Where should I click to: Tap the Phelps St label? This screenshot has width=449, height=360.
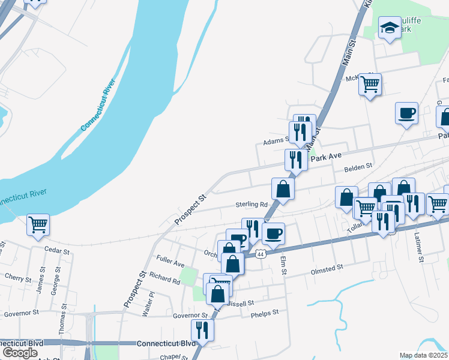(265, 313)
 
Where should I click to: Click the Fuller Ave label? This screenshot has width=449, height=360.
(170, 263)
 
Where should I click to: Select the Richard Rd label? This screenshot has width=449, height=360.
(165, 280)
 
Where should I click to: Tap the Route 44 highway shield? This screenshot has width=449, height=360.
(260, 254)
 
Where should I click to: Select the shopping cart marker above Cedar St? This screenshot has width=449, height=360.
(38, 225)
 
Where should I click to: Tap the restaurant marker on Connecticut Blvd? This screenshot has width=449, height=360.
(202, 329)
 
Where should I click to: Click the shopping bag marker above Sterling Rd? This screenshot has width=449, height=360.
(283, 189)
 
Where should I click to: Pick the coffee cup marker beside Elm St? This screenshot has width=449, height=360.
(273, 233)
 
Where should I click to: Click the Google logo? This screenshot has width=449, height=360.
(20, 353)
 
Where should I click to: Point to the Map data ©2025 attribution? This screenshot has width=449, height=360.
(423, 355)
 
